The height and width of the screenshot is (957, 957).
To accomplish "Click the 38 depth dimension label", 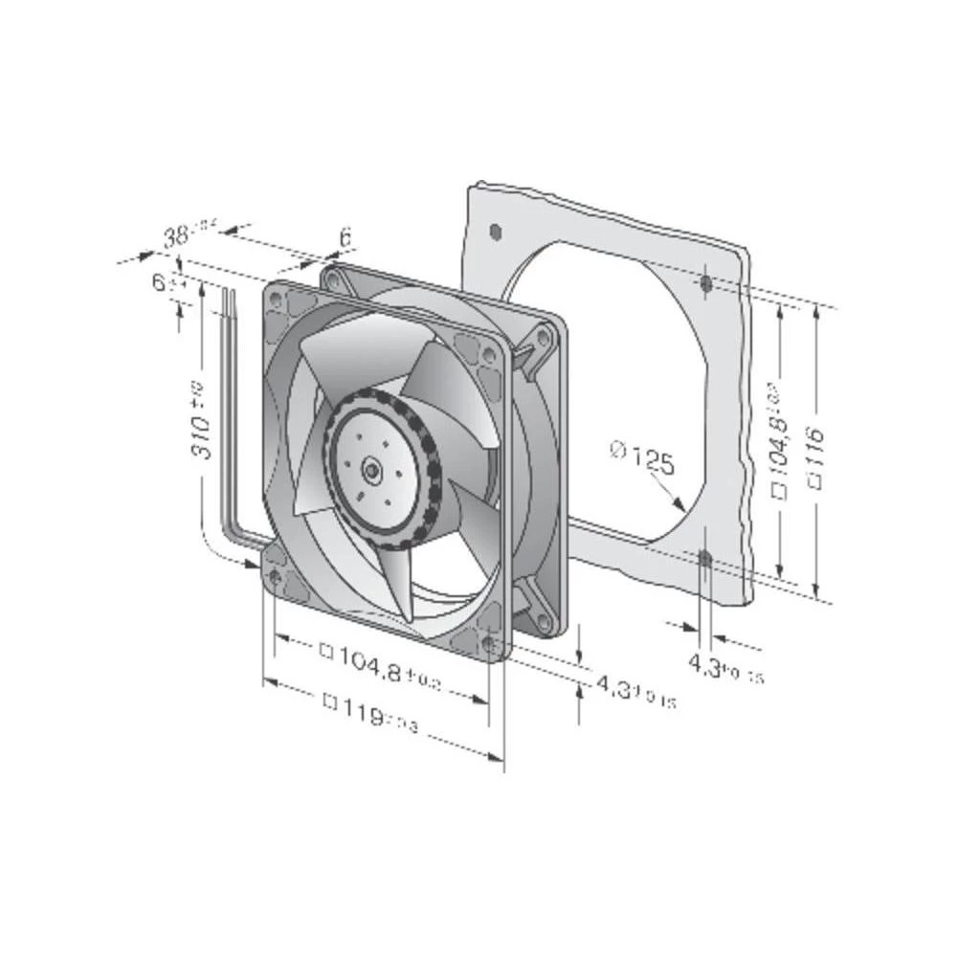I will [175, 237].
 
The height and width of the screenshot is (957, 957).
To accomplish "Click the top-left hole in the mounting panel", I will [494, 230].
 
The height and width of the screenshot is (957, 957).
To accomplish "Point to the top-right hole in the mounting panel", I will [706, 282].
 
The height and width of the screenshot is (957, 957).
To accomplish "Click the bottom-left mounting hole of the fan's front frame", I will [276, 576].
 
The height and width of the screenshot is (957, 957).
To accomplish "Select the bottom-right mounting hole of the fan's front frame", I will [490, 645].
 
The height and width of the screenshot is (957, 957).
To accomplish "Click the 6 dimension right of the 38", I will [345, 235].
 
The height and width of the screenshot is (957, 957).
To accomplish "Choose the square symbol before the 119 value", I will [332, 703].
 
